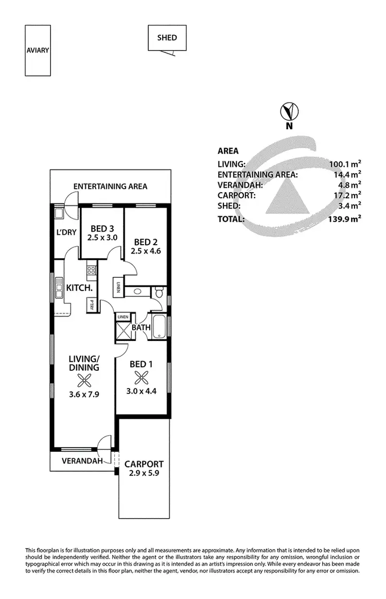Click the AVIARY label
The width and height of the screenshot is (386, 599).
pyautogui.click(x=38, y=50)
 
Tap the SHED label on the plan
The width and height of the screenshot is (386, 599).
pyautogui.click(x=167, y=38)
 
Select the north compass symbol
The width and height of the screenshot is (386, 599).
pyautogui.click(x=289, y=112)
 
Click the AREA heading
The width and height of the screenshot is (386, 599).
pyautogui.click(x=228, y=151)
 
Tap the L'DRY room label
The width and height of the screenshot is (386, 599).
pyautogui.click(x=66, y=232)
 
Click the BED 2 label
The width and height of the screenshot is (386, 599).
pyautogui.click(x=146, y=242)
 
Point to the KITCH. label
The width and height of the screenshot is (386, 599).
pyautogui.click(x=79, y=287)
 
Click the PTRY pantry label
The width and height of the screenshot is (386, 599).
pyautogui.click(x=92, y=304)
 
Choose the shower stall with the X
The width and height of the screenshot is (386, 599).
pyautogui.click(x=124, y=330)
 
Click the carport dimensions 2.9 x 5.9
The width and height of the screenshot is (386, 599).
pyautogui.click(x=144, y=473)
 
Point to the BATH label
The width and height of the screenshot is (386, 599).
pyautogui.click(x=141, y=327)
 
